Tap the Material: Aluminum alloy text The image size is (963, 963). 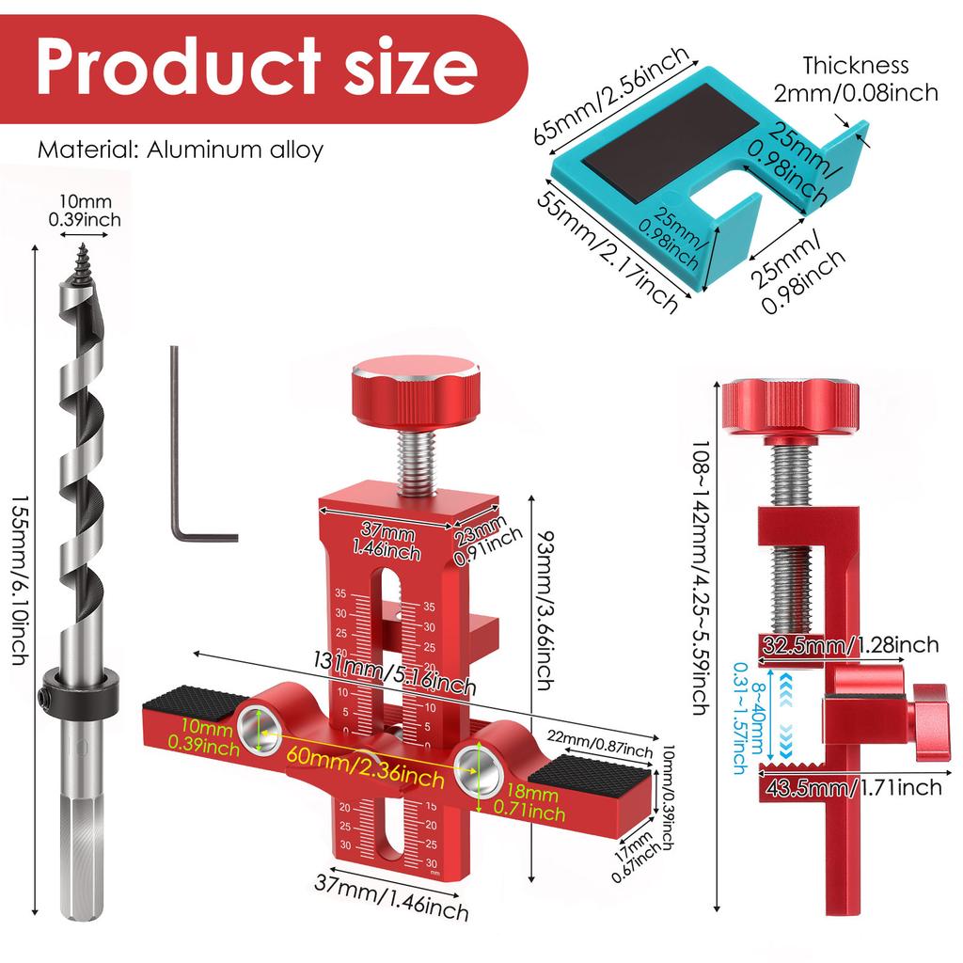tap(180, 150)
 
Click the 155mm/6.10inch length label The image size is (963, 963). tap(21, 580)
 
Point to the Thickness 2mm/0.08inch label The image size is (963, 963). tap(856, 79)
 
